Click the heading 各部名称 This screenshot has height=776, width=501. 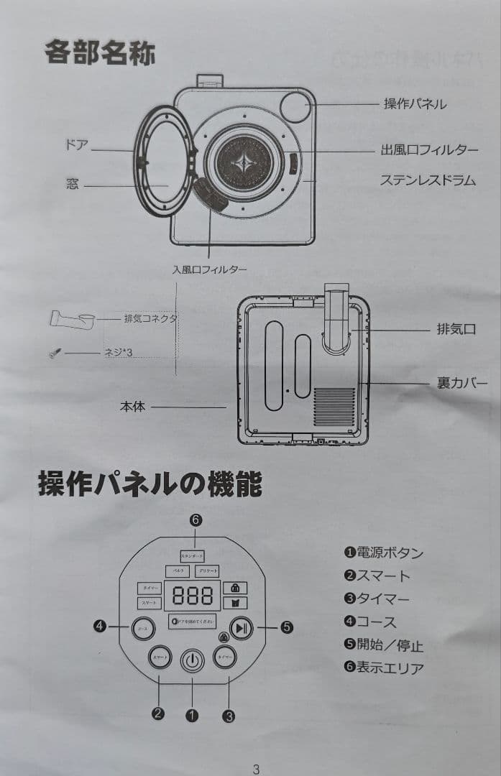coord(100,52)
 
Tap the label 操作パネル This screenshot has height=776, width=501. coord(415,104)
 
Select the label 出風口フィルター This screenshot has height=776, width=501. coord(429,150)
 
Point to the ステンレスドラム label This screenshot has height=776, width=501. coord(428,180)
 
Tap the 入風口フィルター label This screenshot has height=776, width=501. coord(209,269)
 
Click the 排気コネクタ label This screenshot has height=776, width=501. coord(150,318)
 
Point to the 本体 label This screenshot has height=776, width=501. coord(132,407)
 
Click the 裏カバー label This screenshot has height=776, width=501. coord(462,384)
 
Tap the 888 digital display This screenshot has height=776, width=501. coord(193,596)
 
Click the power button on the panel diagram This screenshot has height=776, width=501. coord(192,660)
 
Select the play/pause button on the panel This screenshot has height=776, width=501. coord(242,627)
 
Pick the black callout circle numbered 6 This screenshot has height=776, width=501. coord(196,520)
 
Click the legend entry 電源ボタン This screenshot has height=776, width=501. coord(384,553)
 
